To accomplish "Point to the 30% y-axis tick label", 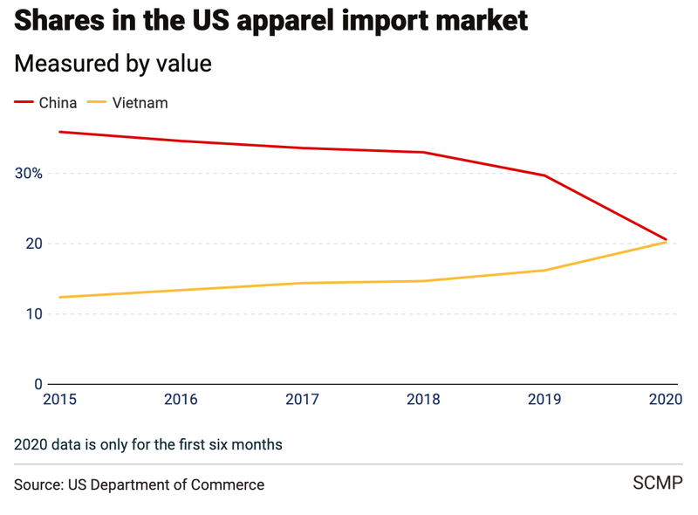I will pyautogui.click(x=29, y=173).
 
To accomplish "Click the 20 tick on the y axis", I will pyautogui.click(x=34, y=244).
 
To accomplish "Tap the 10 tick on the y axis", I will pyautogui.click(x=34, y=314).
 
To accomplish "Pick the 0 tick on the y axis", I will pyautogui.click(x=38, y=384).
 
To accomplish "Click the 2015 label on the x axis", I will pyautogui.click(x=58, y=400).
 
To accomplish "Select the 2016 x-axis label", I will pyautogui.click(x=180, y=400).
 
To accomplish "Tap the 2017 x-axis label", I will pyautogui.click(x=302, y=400).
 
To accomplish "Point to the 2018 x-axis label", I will pyautogui.click(x=423, y=400).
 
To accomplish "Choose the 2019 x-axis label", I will pyautogui.click(x=545, y=400).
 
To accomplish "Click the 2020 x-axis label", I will pyautogui.click(x=666, y=400).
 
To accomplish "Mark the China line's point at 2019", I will pyautogui.click(x=545, y=175).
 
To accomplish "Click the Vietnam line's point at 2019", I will pyautogui.click(x=545, y=270).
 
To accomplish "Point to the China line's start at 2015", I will pyautogui.click(x=58, y=132).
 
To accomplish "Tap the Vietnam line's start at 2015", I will pyautogui.click(x=58, y=297).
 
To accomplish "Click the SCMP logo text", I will pyautogui.click(x=657, y=483).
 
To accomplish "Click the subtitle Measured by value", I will pyautogui.click(x=113, y=64).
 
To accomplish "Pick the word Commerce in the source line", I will pyautogui.click(x=229, y=484).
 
